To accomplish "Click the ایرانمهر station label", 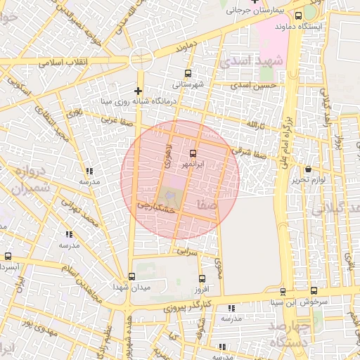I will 193,164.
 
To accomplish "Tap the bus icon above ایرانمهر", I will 193,153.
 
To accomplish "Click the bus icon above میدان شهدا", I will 131,276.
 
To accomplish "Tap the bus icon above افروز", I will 202,279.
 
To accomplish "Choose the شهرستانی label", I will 187,84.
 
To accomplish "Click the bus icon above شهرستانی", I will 187,73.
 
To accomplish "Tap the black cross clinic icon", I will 138,91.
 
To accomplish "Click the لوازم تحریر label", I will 308,180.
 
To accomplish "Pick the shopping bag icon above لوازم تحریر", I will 309,169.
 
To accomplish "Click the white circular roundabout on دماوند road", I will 141,58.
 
